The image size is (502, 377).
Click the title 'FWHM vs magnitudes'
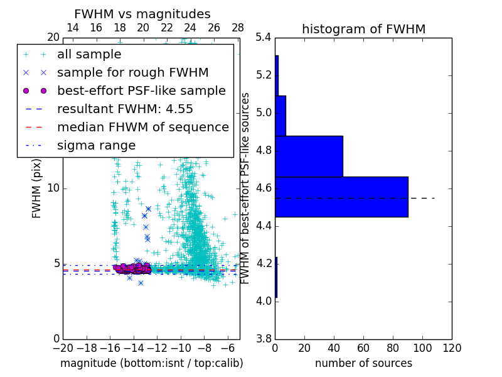click(142, 14)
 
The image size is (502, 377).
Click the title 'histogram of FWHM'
click(363, 29)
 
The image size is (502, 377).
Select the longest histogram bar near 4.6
click(341, 197)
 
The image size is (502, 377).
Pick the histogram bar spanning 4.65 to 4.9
click(309, 156)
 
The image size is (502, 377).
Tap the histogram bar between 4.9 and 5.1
click(280, 116)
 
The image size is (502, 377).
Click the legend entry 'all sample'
click(89, 55)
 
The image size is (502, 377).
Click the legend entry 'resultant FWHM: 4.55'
click(125, 109)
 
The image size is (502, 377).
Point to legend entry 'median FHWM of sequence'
click(142, 127)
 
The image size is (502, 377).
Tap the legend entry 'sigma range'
click(96, 146)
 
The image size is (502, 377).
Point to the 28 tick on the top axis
click(238, 28)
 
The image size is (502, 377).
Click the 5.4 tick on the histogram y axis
click(263, 38)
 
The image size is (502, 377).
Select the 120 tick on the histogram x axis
click(452, 348)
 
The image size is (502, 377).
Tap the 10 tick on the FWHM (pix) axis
click(53, 188)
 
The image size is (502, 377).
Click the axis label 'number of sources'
click(363, 363)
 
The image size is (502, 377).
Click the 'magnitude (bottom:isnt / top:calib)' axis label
click(151, 363)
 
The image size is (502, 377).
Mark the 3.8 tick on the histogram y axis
click(263, 339)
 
